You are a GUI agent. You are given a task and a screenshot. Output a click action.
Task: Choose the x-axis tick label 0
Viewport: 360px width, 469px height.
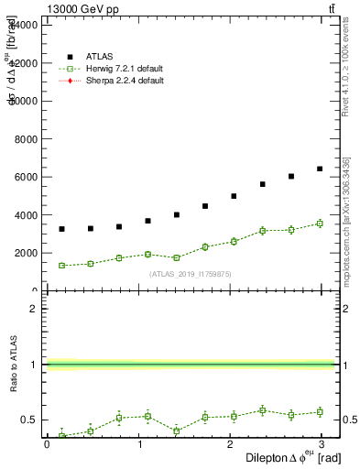pos(47,444)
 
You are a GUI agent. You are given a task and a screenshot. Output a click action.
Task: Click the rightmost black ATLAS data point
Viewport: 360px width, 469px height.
pos(320,169)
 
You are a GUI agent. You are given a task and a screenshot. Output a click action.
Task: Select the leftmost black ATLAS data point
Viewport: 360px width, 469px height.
pos(61,229)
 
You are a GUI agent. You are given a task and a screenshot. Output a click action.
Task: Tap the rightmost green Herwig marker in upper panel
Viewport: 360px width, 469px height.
pos(320,224)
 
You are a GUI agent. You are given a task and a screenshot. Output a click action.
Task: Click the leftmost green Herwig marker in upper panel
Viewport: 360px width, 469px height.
pos(61,266)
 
